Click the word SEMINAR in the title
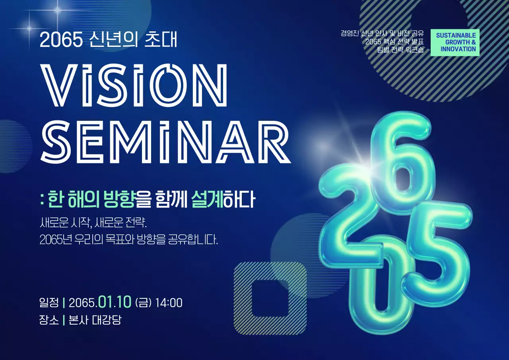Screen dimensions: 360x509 click(x=165, y=142)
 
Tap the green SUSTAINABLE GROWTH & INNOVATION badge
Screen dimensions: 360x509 click(x=455, y=42)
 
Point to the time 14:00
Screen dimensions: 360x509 click(x=169, y=303)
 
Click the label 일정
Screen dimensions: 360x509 click(x=49, y=303)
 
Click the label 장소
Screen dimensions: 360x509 click(x=49, y=320)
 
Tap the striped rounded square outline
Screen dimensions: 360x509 click(x=270, y=298)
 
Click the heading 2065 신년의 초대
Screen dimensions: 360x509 click(x=109, y=40)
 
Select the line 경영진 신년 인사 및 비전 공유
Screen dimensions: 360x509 click(x=382, y=33)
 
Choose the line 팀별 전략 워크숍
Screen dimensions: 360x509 click(x=400, y=50)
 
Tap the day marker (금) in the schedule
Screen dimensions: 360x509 click(x=144, y=303)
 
